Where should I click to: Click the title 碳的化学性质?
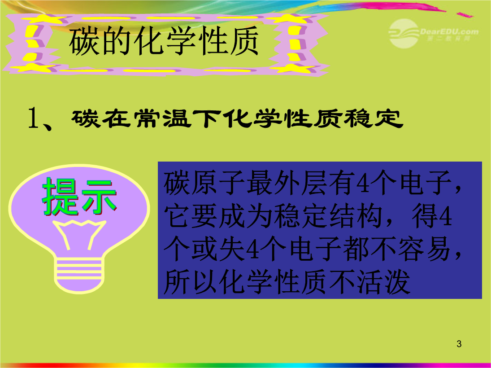[164, 41]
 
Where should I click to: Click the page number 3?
[459, 344]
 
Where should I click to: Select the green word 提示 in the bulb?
[79, 197]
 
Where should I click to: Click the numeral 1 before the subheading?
[34, 118]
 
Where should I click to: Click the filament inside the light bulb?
[79, 233]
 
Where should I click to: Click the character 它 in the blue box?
[177, 216]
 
